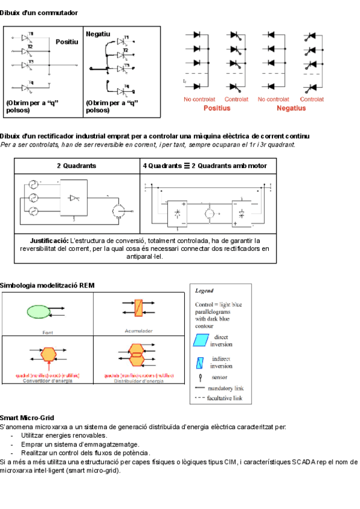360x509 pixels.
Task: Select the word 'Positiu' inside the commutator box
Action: coord(67,42)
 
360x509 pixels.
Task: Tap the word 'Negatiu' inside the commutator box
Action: coord(98,34)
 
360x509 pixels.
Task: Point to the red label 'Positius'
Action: coord(217,108)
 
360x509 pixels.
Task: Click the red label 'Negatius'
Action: coord(291,108)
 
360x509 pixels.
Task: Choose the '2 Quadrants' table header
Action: coord(77,166)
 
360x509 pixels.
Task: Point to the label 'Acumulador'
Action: coord(139,330)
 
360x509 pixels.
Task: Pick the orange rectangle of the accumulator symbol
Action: coord(139,308)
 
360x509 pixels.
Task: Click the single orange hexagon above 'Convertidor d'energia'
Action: coord(48,354)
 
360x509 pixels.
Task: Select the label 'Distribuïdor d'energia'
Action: coord(139,381)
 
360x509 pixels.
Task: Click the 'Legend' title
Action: coord(204,291)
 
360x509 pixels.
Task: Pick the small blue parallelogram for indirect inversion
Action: coord(200,362)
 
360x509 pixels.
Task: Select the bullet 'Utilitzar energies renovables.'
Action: coord(64,435)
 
